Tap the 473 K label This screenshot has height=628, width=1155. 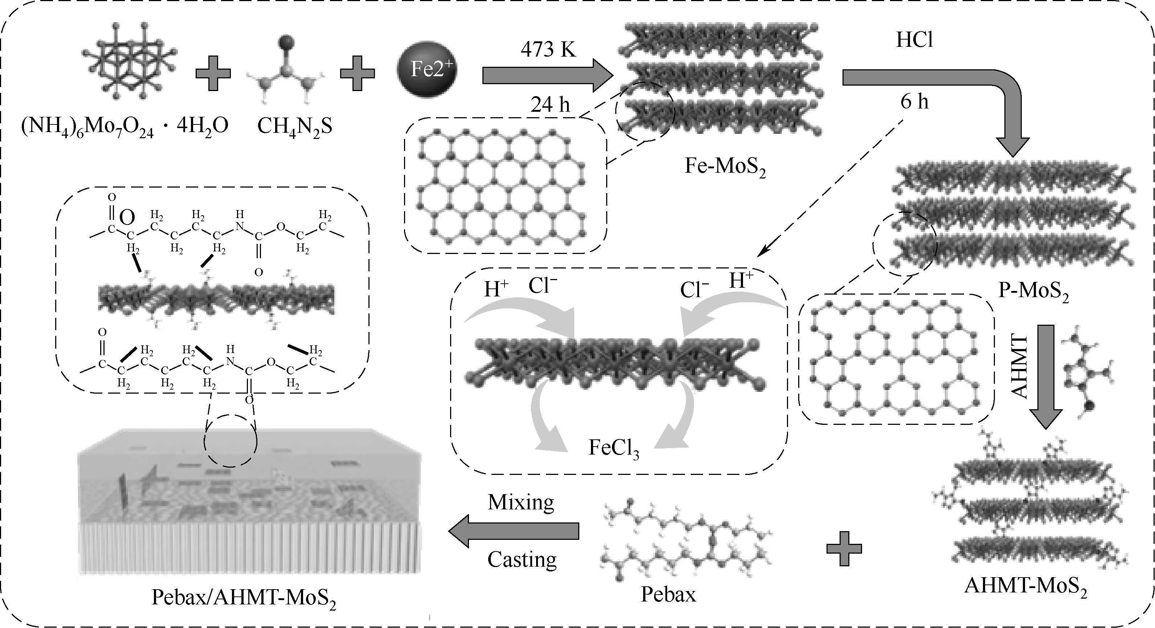pos(548,49)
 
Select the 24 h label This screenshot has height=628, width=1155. pos(550,105)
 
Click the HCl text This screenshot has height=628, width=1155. pos(914,40)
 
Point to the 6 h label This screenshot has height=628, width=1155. pos(914,102)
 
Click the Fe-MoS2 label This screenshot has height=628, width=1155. pos(725,166)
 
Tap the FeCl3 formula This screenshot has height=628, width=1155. pos(614,448)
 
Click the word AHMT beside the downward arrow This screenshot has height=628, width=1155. pos(1019,366)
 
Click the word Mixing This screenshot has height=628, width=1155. pos(521,502)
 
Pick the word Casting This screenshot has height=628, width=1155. pos(522,559)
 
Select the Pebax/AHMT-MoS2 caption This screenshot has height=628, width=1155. pos(244,598)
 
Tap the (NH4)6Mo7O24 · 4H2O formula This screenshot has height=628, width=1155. pos(124,126)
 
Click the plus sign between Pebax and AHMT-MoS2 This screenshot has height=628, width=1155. pos(844,549)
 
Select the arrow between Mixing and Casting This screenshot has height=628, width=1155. pos(514,531)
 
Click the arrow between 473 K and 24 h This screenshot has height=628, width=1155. pos(547,75)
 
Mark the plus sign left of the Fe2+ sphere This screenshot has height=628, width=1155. pos(357,73)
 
